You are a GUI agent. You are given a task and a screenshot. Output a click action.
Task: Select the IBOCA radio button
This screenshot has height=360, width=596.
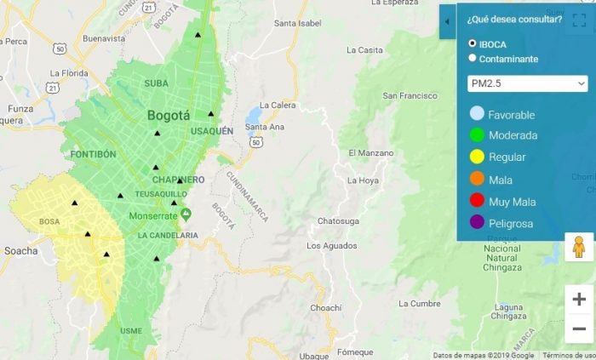click(473, 43)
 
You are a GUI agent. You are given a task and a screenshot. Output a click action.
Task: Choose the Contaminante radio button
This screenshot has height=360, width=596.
click(473, 59)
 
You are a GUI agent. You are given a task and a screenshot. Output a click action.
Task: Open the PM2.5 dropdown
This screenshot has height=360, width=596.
click(528, 83)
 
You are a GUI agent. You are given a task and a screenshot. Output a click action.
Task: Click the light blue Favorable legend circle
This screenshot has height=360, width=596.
click(477, 114)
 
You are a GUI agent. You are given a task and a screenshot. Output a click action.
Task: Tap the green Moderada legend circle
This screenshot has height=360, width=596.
click(477, 135)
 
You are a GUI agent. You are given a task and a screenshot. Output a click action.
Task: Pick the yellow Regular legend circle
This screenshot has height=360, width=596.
click(477, 157)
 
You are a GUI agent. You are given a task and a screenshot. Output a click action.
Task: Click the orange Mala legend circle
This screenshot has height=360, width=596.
click(477, 180)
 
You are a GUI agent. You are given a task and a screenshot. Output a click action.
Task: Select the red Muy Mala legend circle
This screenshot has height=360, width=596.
click(477, 202)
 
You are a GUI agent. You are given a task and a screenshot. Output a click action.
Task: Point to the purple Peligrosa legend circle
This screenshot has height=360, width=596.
click(477, 224)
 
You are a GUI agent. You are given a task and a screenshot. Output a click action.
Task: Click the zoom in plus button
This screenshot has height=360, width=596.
click(579, 299)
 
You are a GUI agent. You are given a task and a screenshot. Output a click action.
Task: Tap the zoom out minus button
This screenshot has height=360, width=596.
click(579, 329)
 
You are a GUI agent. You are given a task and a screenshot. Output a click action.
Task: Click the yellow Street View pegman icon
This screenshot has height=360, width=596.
click(579, 247)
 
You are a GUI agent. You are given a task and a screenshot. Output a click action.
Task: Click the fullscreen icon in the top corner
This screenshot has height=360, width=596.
click(579, 20)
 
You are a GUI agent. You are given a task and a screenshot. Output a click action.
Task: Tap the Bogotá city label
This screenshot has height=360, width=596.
click(169, 116)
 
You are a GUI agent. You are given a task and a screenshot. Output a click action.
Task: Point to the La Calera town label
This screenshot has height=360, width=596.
click(277, 106)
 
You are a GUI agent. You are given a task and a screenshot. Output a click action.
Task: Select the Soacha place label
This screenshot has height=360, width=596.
click(20, 251)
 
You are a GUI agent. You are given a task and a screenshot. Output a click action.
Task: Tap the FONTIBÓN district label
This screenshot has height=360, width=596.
click(93, 154)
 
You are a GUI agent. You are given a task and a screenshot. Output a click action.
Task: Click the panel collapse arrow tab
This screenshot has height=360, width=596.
click(448, 22)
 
